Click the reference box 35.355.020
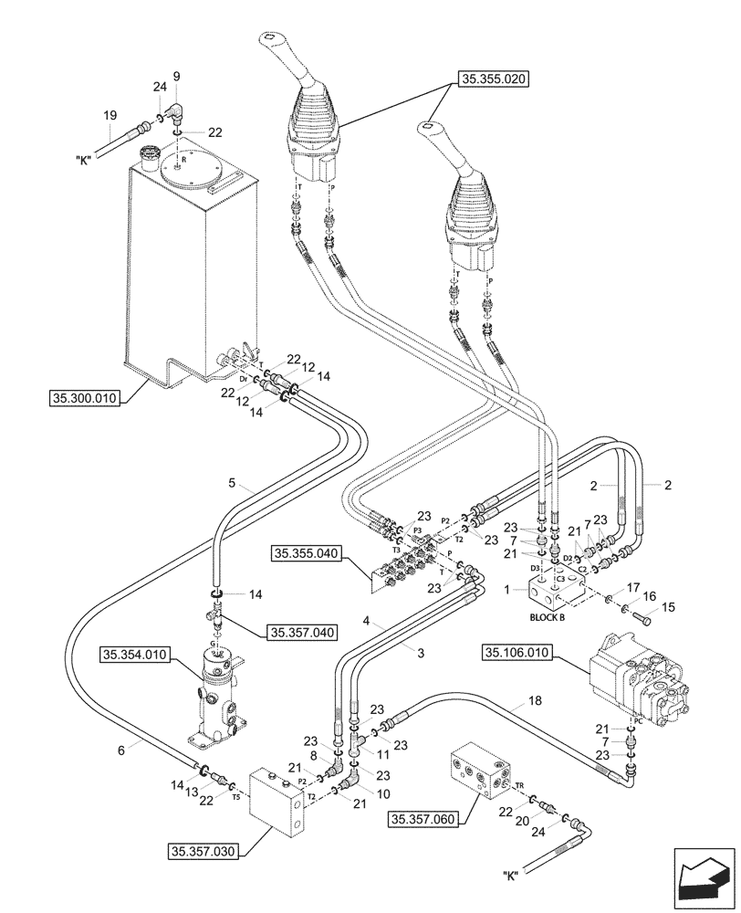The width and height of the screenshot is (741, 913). (490, 79)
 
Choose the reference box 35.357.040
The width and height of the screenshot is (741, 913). (302, 631)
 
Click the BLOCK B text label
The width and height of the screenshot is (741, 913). (548, 617)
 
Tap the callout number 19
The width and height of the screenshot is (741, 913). (110, 115)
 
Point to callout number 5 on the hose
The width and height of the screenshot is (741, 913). (232, 483)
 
